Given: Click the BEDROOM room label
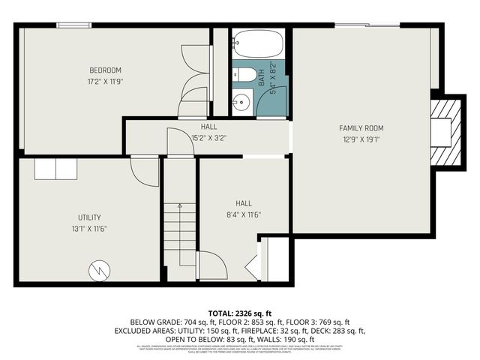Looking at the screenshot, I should click(105, 70).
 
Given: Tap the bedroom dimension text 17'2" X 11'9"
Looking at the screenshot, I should click(105, 80).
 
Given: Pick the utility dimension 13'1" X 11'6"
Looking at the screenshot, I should click(89, 228).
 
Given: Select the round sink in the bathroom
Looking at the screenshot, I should click(241, 103).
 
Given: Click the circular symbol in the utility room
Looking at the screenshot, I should click(99, 270).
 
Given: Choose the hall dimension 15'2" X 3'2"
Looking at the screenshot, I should click(208, 138).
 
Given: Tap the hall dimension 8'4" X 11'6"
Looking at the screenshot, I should click(244, 214).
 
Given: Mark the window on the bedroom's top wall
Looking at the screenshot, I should click(70, 25).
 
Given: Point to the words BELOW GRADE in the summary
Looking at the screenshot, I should click(155, 321).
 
